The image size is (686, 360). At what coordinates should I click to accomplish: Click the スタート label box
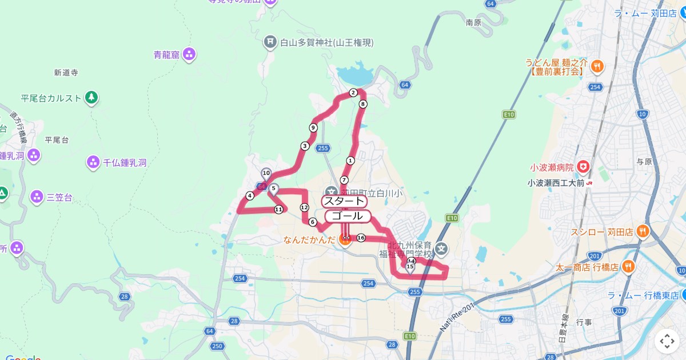[344, 201]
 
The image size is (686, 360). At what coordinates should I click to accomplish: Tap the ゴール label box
[348, 216]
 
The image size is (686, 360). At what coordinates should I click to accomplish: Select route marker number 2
[353, 93]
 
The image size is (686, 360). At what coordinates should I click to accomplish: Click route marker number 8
[362, 104]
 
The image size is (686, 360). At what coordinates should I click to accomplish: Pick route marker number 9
[313, 127]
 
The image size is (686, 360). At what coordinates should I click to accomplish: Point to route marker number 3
[305, 146]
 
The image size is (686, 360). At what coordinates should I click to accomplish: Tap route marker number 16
[361, 238]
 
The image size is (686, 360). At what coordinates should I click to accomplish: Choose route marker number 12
[304, 207]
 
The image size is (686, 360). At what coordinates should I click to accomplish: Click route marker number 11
[278, 209]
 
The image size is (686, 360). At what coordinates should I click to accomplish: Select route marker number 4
[250, 196]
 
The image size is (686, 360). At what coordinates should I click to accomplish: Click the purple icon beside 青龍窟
[189, 55]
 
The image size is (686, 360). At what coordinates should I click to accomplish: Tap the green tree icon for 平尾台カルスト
[91, 98]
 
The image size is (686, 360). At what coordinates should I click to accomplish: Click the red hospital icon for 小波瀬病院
[583, 167]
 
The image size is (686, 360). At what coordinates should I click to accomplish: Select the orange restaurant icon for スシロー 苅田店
[643, 232]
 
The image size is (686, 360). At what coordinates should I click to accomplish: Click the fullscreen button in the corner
[667, 341]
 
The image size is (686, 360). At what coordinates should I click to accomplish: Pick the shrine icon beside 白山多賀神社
[270, 42]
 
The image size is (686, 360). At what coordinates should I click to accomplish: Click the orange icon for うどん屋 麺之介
[596, 66]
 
